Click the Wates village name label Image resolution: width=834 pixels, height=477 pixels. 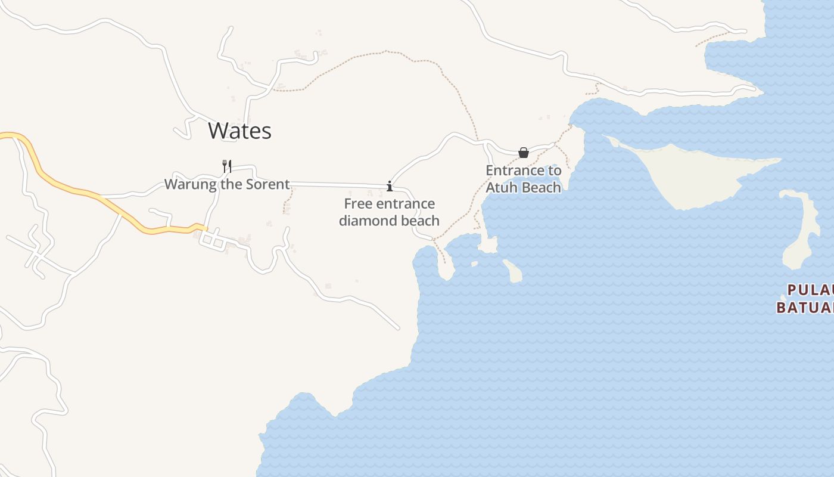(x=239, y=131)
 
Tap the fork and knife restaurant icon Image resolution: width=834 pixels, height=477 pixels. (x=226, y=166)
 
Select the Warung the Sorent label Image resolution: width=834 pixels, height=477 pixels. (x=227, y=184)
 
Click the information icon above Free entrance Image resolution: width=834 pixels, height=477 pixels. (x=390, y=186)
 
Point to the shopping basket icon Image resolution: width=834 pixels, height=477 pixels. (x=524, y=153)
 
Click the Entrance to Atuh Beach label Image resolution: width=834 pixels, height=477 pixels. (x=524, y=179)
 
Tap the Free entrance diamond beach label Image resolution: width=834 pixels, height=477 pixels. (x=390, y=212)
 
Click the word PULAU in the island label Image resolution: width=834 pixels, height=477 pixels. (x=810, y=290)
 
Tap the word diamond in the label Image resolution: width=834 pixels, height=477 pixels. (x=369, y=221)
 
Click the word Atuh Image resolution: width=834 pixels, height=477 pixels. (x=502, y=187)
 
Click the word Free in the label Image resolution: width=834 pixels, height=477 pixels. (x=358, y=204)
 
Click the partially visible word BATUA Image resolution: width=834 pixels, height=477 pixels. (x=804, y=308)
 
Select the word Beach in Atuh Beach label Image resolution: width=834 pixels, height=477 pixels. (x=541, y=187)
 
